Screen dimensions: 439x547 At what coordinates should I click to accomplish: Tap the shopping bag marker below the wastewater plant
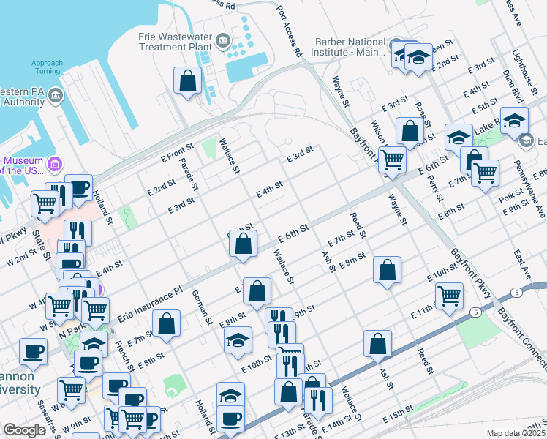click(188, 80)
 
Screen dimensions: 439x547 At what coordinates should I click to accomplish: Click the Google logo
click(24, 430)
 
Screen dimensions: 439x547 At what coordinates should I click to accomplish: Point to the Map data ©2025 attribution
click(516, 434)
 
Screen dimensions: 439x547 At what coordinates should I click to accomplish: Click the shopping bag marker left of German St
click(167, 323)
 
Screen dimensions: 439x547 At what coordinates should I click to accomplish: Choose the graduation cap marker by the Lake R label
click(514, 120)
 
